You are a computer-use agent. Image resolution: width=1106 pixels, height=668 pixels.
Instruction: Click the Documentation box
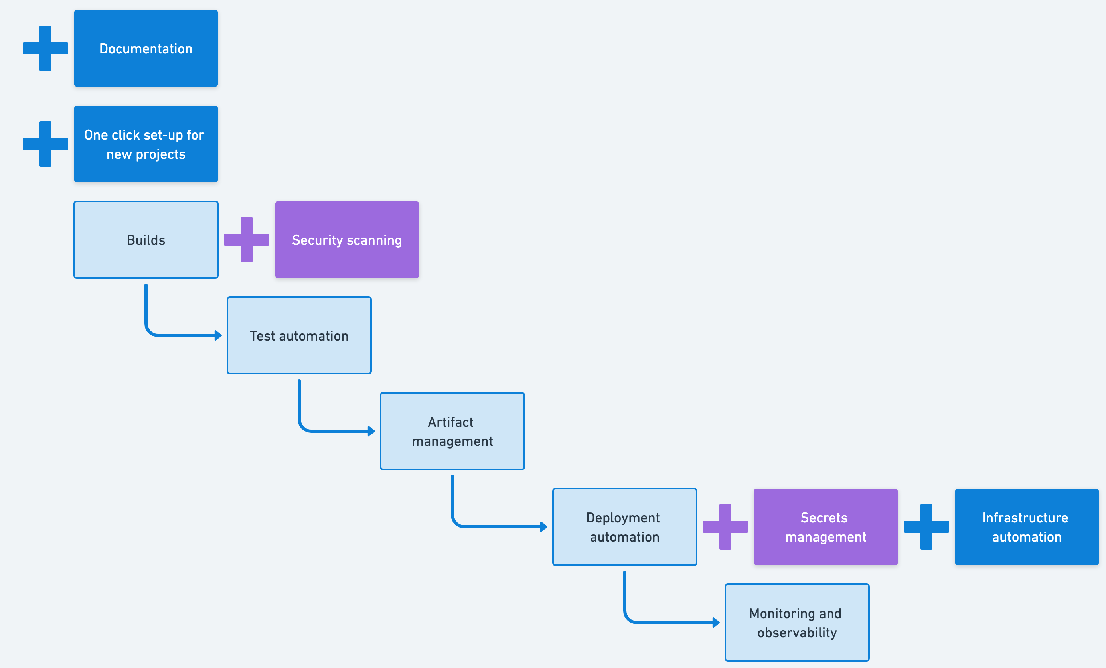[x=146, y=48]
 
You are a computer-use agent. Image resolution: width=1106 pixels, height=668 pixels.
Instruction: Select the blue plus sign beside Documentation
[x=45, y=48]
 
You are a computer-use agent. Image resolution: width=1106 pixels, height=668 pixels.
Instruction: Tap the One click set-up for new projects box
[x=146, y=144]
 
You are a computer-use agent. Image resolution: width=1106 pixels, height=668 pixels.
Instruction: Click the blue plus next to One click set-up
[x=45, y=144]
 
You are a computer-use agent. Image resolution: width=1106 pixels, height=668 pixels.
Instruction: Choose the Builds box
[x=146, y=240]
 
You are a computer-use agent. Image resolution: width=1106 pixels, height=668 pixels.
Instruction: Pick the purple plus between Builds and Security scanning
[x=247, y=240]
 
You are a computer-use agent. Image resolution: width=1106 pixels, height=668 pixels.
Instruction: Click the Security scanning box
[x=347, y=240]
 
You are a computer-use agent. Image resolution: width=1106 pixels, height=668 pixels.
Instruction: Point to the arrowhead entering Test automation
[x=219, y=335]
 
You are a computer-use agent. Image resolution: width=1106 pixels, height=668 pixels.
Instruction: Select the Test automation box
[x=299, y=335]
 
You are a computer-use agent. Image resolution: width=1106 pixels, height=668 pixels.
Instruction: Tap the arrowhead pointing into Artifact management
[x=372, y=431]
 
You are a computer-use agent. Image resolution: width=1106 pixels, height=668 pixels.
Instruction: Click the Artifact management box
[x=452, y=431]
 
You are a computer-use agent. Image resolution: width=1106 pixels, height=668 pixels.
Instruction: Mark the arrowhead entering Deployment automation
[x=544, y=527]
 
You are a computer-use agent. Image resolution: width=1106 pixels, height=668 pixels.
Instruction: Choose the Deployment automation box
[x=624, y=527]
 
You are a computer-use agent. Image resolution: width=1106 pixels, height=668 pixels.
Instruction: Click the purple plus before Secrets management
[x=725, y=527]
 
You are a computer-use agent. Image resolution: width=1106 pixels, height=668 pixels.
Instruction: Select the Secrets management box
[x=826, y=527]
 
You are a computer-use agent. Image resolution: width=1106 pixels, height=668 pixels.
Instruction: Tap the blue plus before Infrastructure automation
[x=926, y=527]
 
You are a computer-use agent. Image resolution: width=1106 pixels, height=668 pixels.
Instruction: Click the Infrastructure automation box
[x=1027, y=527]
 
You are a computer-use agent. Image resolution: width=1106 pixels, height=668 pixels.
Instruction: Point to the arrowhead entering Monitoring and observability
[x=717, y=623]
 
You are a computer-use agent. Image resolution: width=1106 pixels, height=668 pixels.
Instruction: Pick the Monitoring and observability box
[x=797, y=623]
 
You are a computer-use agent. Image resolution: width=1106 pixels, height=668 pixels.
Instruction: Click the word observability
[x=797, y=633]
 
